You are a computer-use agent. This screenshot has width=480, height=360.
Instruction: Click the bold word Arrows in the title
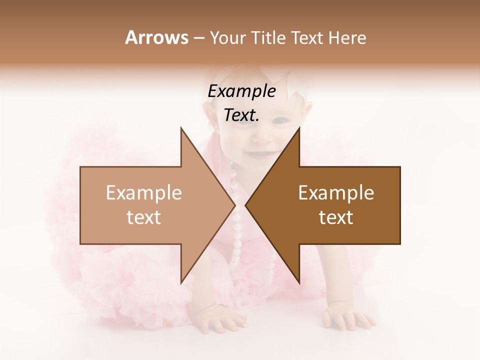pyautogui.click(x=156, y=37)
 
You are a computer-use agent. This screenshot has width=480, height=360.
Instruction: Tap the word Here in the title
pyautogui.click(x=347, y=37)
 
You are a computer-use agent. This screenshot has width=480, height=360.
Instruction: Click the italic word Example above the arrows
pyautogui.click(x=242, y=91)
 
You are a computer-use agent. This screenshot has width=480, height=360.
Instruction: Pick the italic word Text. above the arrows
pyautogui.click(x=242, y=115)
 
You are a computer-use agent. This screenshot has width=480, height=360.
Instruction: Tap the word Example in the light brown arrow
pyautogui.click(x=144, y=193)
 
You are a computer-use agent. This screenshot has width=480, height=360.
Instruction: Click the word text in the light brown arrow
pyautogui.click(x=144, y=217)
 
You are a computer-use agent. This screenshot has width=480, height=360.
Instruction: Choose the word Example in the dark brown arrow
pyautogui.click(x=336, y=193)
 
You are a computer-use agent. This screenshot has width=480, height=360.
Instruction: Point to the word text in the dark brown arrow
pyautogui.click(x=336, y=217)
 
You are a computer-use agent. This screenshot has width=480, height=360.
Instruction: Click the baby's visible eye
pyautogui.click(x=281, y=120)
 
